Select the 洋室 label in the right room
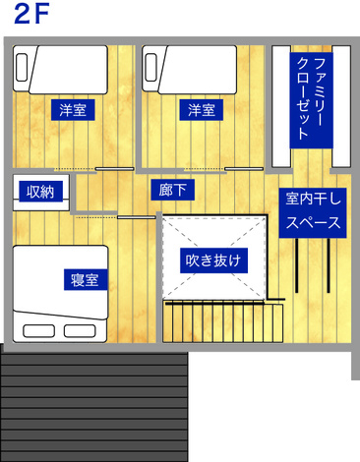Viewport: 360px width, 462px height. (203, 109)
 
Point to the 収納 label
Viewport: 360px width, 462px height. (39, 192)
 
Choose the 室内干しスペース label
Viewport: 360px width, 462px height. (313, 210)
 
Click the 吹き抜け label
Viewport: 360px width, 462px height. (215, 261)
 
